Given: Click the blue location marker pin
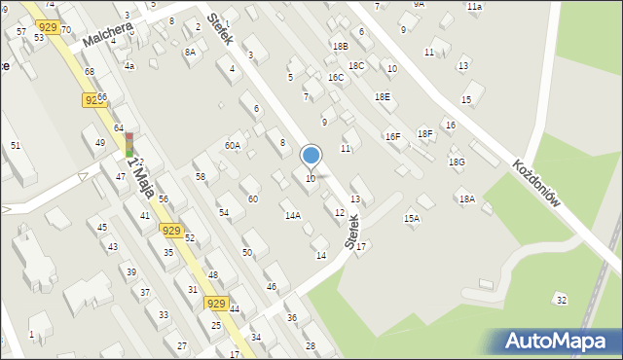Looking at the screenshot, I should tap(311, 156).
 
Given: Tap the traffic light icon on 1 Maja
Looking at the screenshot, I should tap(128, 146).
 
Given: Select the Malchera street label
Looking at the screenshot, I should tap(107, 35).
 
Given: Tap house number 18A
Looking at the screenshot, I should tap(466, 198).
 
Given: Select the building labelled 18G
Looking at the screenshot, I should tap(456, 162).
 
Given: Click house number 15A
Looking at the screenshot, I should tap(412, 219).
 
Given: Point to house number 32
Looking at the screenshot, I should tap(560, 299).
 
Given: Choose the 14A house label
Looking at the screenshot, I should tap(292, 215).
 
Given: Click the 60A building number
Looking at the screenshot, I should tap(232, 145).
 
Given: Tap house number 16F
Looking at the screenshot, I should tap(392, 137).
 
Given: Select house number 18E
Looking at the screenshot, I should tap(383, 96).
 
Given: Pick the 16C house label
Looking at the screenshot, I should tap(336, 77).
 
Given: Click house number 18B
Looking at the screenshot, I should tap(340, 46).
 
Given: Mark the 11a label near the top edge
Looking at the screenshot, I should tap(474, 6).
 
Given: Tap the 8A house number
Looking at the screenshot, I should tap(190, 52).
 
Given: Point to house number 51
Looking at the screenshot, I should tap(15, 145).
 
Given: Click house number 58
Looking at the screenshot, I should tap(201, 176).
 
